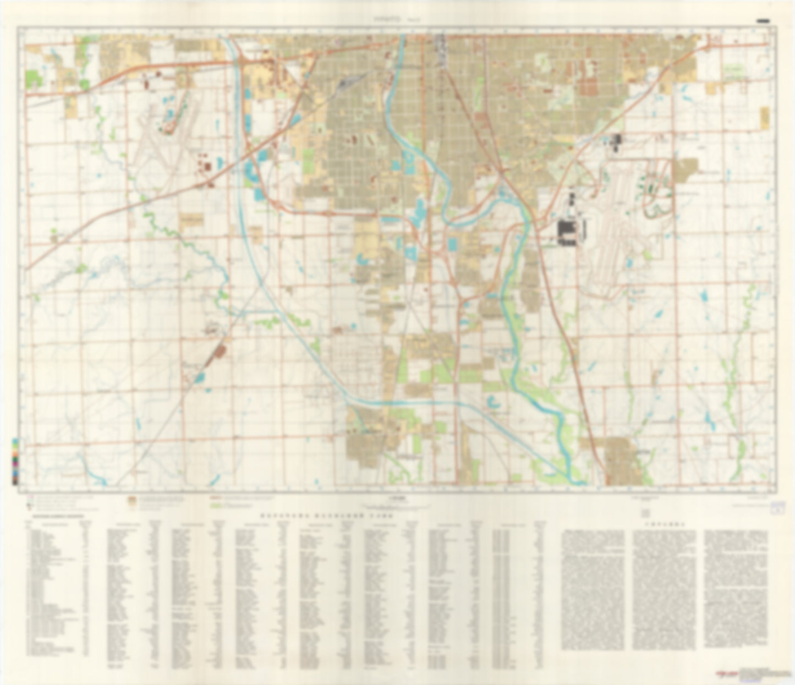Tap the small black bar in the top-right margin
(x=763, y=21)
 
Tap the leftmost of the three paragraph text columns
(x=592, y=589)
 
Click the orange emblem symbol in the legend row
(x=131, y=500)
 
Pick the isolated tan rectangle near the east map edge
(x=764, y=117)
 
